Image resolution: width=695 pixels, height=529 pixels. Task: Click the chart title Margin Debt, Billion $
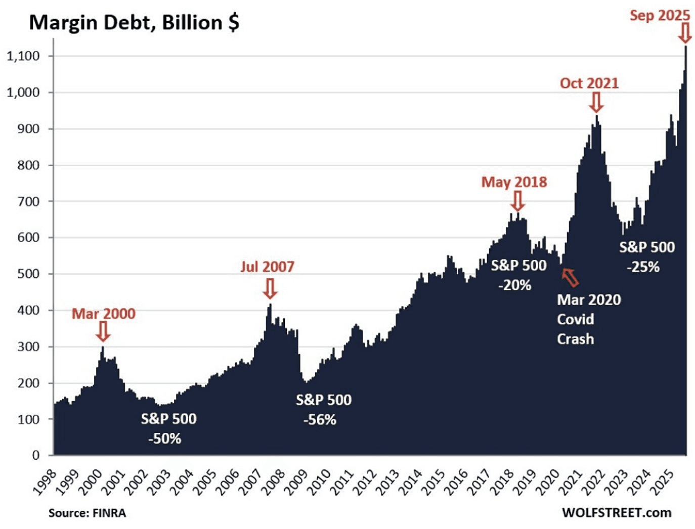[x=134, y=23]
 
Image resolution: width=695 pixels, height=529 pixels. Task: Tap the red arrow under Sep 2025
[x=684, y=34]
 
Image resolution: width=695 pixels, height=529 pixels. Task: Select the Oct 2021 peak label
[x=589, y=83]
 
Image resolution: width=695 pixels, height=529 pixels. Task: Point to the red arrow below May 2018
[x=517, y=201]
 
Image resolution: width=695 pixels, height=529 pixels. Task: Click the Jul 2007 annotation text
[x=267, y=266]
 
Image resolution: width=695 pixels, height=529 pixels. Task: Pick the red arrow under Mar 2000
[x=103, y=331]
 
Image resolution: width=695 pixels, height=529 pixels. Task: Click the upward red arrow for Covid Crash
[x=571, y=277]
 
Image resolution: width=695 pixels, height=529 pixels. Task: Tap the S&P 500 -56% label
[x=323, y=409]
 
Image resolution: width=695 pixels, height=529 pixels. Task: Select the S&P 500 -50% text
[x=168, y=428]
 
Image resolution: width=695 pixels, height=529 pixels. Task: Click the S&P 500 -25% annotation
[x=646, y=257]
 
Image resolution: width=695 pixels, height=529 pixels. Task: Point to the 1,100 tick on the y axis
[x=23, y=56]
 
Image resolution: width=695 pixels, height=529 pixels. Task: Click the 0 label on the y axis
[x=35, y=455]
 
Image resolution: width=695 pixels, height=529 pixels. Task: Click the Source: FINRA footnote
[x=87, y=513]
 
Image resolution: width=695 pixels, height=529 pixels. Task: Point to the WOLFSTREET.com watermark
[x=616, y=512]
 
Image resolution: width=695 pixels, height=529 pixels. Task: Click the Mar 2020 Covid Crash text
[x=588, y=319]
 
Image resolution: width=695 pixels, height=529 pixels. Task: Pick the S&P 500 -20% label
[x=518, y=275]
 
